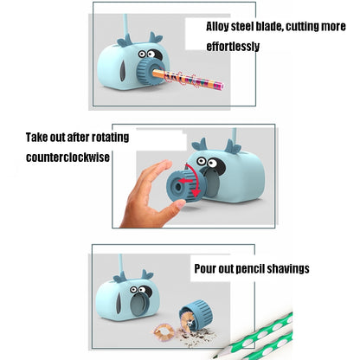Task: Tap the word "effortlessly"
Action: (x=233, y=47)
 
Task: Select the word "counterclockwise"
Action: (x=67, y=157)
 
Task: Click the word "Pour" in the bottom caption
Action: (x=205, y=268)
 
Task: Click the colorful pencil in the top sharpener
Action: (x=188, y=78)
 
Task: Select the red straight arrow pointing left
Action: (x=186, y=181)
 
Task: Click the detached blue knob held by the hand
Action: (x=184, y=185)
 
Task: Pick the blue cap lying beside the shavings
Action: (x=196, y=314)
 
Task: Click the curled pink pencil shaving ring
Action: (x=164, y=332)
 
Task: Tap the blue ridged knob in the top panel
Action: (x=149, y=71)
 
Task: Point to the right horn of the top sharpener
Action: (x=156, y=38)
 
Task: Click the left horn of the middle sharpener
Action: (x=200, y=145)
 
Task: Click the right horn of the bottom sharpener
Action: (x=147, y=274)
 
